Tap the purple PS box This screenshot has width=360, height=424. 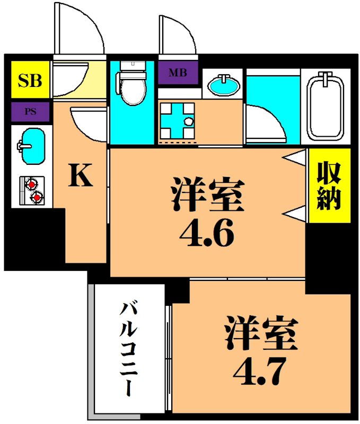pos(30,112)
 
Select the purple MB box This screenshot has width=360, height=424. pos(178,73)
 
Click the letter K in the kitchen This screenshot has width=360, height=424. pos(81,176)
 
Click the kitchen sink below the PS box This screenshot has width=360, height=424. pos(31,142)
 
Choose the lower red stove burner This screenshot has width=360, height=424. pos(36,198)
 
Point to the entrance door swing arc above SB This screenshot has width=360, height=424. pos(80,29)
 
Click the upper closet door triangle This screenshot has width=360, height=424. pos(295,158)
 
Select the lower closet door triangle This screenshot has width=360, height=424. pos(295,213)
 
